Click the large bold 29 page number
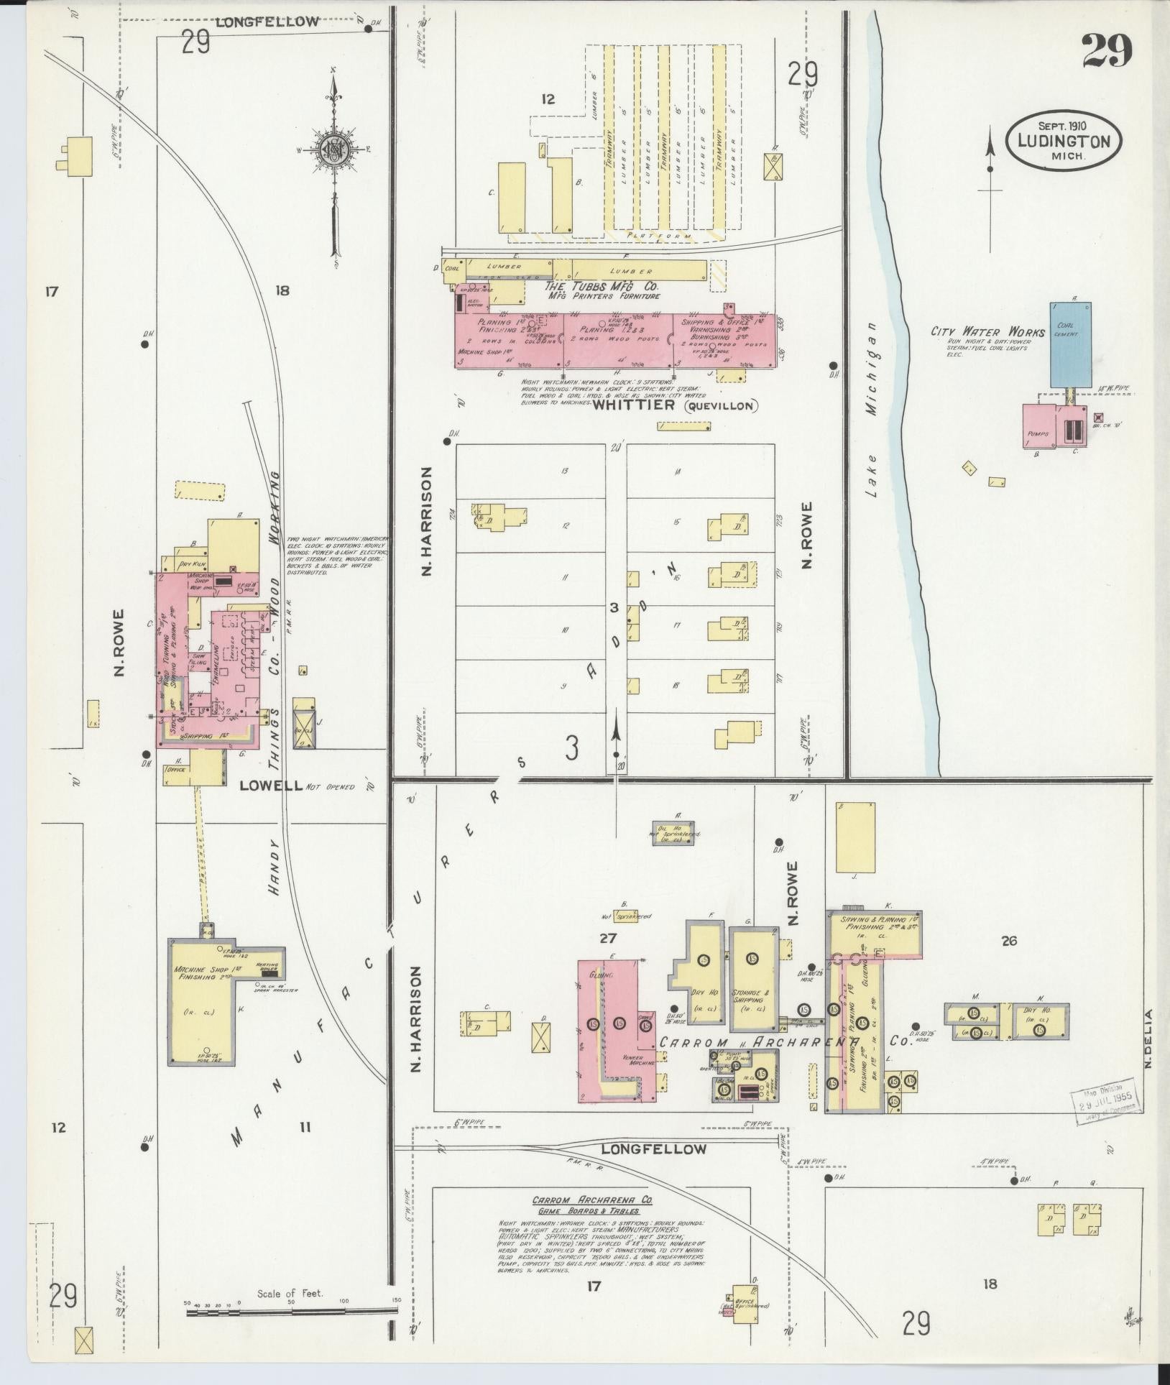point(1107,50)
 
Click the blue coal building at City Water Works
point(1070,345)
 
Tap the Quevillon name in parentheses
point(720,406)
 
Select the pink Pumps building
point(1039,427)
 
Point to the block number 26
point(1009,940)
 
